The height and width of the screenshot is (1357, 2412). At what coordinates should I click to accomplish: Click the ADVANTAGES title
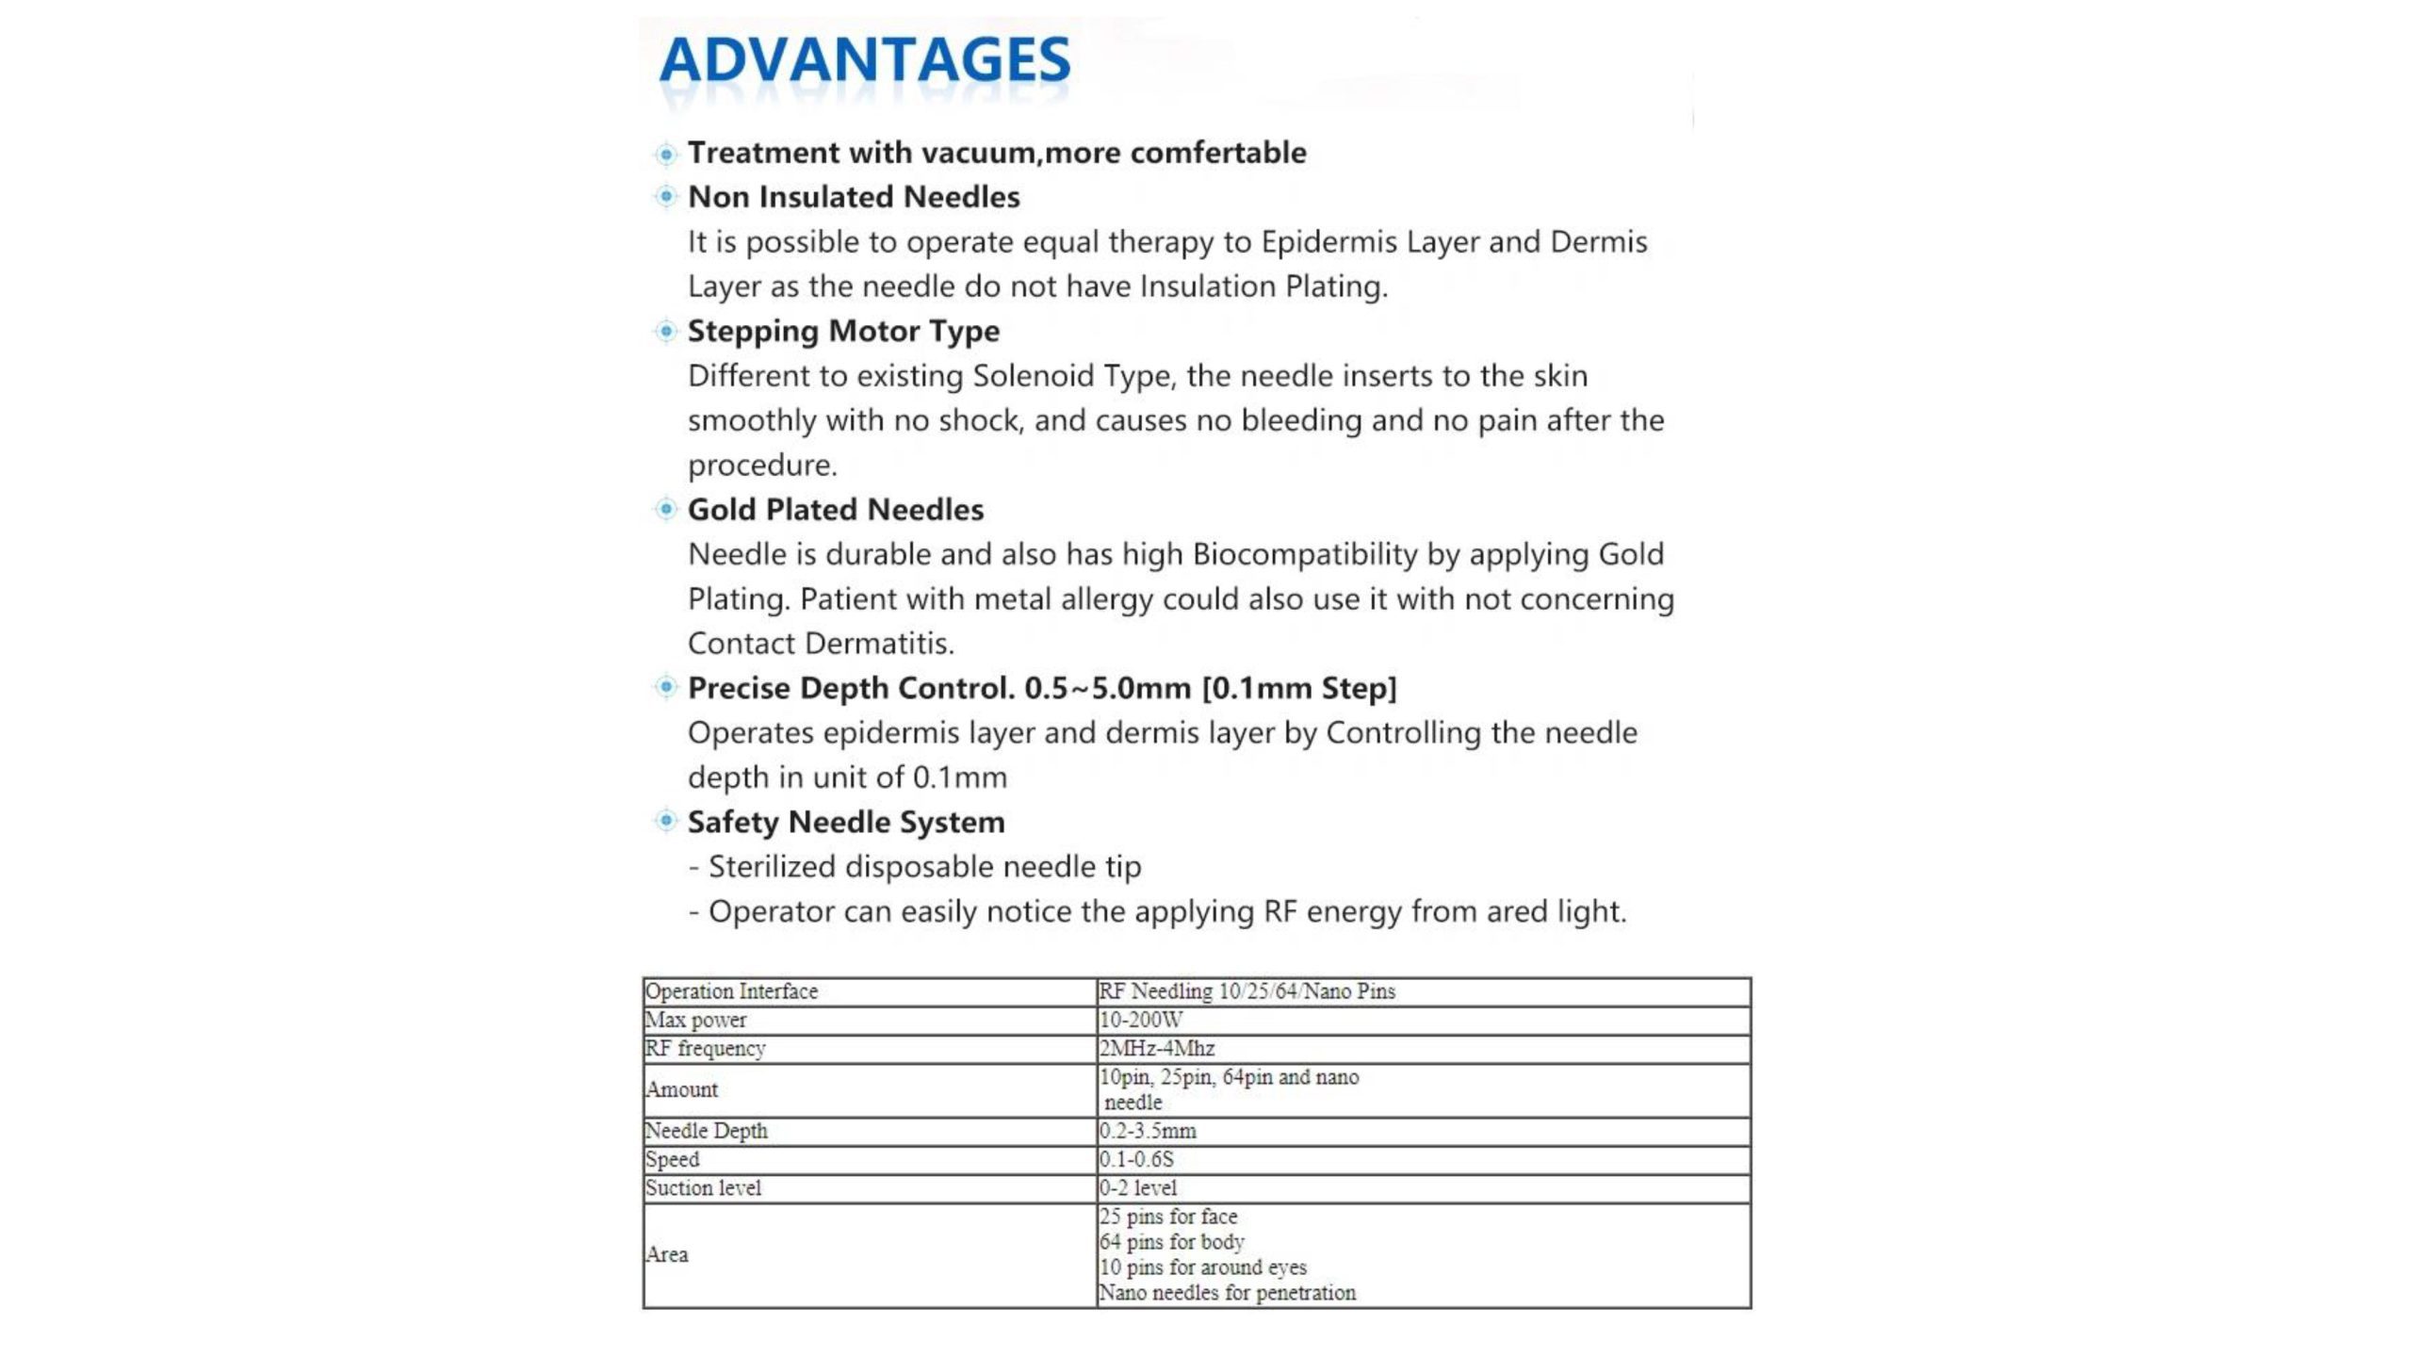pos(865,60)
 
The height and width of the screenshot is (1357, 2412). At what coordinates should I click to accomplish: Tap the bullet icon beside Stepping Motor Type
pos(666,331)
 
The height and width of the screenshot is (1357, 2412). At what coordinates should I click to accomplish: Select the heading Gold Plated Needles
pos(835,510)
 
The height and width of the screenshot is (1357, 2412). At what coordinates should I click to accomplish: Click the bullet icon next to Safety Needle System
pos(666,822)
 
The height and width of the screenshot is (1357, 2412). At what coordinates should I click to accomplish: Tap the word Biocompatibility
pos(1305,554)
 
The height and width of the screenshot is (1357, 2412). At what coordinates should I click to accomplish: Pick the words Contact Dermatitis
pos(820,644)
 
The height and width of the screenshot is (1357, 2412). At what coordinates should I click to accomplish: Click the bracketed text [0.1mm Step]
pos(1299,689)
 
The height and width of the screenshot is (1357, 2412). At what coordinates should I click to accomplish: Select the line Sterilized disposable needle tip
pos(924,867)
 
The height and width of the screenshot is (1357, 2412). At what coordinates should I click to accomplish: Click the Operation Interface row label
pos(731,991)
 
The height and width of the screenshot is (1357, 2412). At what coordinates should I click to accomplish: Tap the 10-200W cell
pos(1140,1020)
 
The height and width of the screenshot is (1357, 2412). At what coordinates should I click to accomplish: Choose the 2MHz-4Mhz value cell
pos(1156,1048)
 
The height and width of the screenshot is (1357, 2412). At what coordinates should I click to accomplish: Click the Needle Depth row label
pos(706,1131)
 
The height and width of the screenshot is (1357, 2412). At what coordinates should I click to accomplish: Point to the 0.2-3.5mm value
pos(1147,1131)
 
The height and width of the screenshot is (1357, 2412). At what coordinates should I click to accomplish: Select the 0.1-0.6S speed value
pos(1135,1159)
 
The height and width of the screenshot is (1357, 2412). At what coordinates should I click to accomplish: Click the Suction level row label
pos(703,1188)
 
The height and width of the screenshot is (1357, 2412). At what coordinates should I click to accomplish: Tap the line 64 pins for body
pos(1171,1242)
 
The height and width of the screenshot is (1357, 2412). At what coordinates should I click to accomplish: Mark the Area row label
pos(666,1255)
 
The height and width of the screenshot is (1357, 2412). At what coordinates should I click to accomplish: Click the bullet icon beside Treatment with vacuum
pos(666,154)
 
